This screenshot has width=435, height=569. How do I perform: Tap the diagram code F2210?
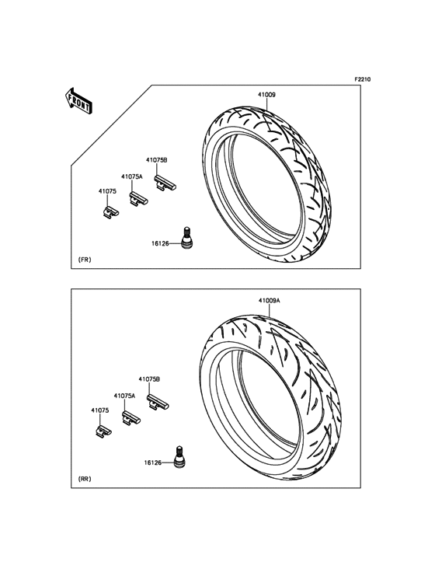click(362, 79)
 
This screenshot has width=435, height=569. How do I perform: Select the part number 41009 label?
click(266, 95)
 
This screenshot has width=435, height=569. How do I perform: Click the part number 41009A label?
click(270, 301)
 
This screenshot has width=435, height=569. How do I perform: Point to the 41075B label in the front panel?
click(157, 160)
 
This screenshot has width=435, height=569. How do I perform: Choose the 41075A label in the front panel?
click(131, 176)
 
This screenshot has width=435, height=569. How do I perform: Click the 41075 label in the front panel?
click(107, 191)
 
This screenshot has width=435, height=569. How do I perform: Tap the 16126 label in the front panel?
click(160, 244)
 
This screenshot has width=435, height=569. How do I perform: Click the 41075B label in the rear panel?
click(149, 379)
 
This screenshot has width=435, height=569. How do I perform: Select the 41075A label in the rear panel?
click(124, 396)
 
